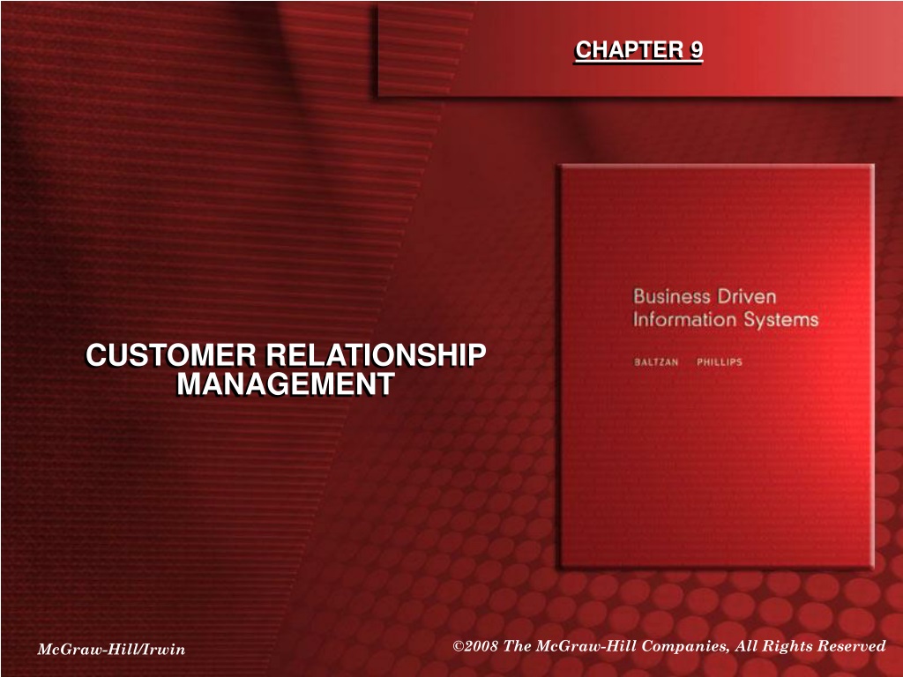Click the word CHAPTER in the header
pyautogui.click(x=629, y=50)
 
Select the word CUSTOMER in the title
pyautogui.click(x=171, y=354)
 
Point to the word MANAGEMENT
pyautogui.click(x=286, y=383)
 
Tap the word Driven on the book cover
pyautogui.click(x=747, y=296)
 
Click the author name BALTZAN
pyautogui.click(x=656, y=362)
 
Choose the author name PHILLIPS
pyautogui.click(x=720, y=362)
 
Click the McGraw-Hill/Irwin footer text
pyautogui.click(x=111, y=650)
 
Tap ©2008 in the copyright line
pyautogui.click(x=475, y=646)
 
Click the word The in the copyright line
pyautogui.click(x=517, y=646)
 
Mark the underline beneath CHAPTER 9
pyautogui.click(x=639, y=62)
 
